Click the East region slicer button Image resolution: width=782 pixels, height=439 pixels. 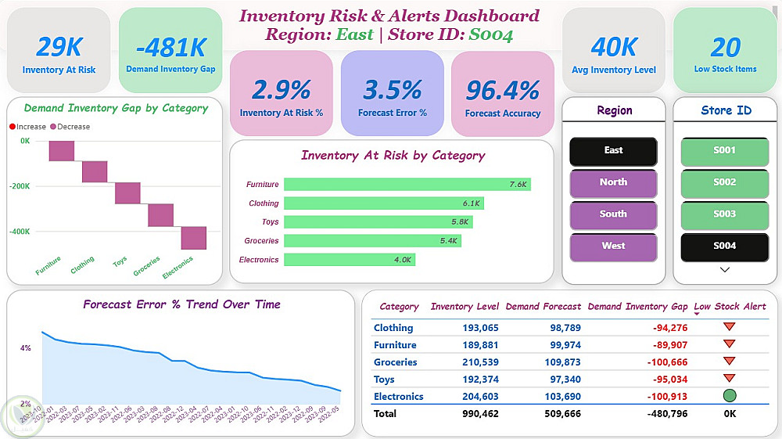click(613, 151)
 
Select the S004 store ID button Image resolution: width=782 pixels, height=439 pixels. click(724, 246)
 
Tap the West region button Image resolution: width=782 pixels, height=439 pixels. click(613, 246)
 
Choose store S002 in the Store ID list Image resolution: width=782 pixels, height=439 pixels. click(724, 182)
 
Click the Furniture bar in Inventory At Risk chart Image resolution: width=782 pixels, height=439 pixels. click(407, 185)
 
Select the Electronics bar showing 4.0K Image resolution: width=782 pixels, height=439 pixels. click(349, 260)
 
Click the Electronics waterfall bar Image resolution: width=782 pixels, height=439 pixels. click(194, 238)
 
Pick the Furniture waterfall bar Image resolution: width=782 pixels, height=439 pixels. click(61, 151)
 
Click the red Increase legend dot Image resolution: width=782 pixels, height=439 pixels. click(13, 127)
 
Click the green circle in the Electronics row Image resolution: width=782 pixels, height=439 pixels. click(730, 396)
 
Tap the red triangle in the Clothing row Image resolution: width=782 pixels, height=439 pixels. click(730, 327)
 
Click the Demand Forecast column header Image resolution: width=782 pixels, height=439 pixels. click(543, 307)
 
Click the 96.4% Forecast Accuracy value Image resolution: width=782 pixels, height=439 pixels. click(503, 91)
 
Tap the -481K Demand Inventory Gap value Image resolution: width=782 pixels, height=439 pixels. click(170, 48)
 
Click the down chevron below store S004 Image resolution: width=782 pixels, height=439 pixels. click(724, 270)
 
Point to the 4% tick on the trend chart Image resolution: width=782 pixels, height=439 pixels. click(25, 347)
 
